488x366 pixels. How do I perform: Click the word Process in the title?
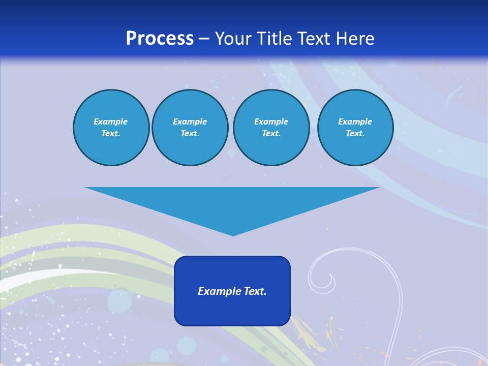tap(160, 39)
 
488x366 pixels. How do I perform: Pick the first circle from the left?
tap(111, 128)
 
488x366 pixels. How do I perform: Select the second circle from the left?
tap(190, 128)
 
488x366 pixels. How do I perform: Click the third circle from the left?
tap(271, 128)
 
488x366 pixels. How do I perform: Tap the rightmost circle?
tap(355, 128)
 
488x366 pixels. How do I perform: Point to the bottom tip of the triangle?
tap(233, 234)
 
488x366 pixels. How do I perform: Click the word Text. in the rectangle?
tap(255, 291)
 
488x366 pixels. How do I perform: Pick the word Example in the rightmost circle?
tap(355, 121)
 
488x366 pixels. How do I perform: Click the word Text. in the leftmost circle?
tap(111, 134)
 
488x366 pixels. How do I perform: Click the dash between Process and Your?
tap(204, 39)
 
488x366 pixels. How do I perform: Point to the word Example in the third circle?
tap(271, 121)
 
